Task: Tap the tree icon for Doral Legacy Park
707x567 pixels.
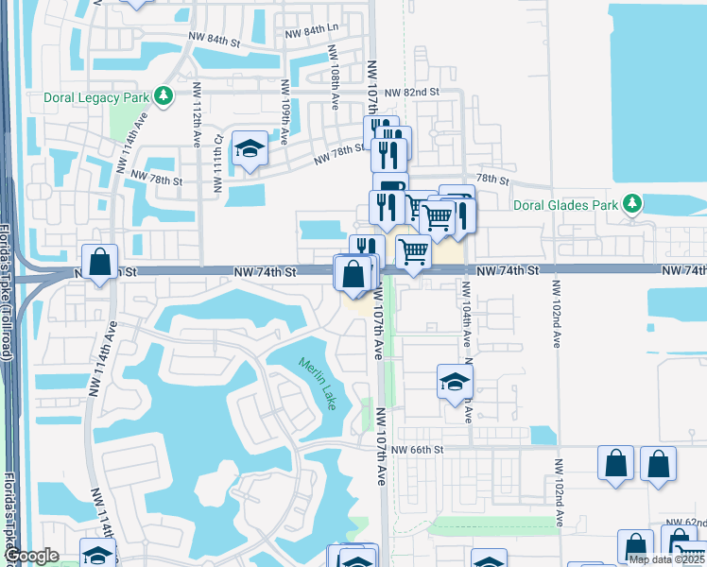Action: tap(164, 95)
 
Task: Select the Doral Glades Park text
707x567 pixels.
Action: tap(565, 204)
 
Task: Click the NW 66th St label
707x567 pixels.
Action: tap(417, 449)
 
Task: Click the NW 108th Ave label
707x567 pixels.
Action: tap(335, 73)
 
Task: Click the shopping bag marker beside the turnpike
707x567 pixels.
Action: tap(99, 262)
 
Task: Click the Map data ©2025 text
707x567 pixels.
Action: tap(666, 559)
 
